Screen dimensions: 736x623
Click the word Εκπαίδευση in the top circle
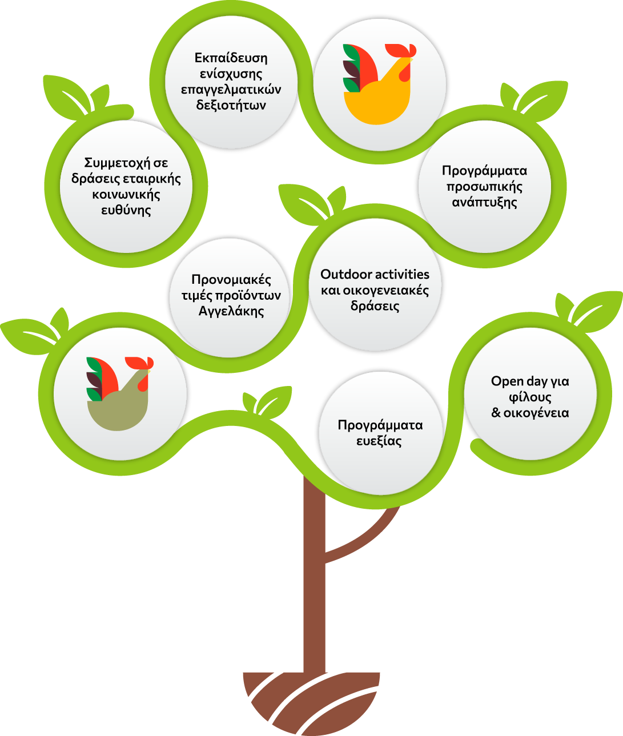coord(231,58)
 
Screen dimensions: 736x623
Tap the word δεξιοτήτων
coord(231,106)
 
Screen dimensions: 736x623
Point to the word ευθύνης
coord(126,210)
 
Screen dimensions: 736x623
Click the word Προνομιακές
coord(231,280)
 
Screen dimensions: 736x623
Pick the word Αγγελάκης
coord(231,311)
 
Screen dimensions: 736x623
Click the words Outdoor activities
coord(375,274)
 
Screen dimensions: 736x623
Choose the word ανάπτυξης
coord(484,203)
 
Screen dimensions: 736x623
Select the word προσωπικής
coord(484,187)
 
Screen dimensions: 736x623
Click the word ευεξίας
coord(379,441)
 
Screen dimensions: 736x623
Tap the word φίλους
coord(530,397)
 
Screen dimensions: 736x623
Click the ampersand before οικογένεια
coord(496,413)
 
